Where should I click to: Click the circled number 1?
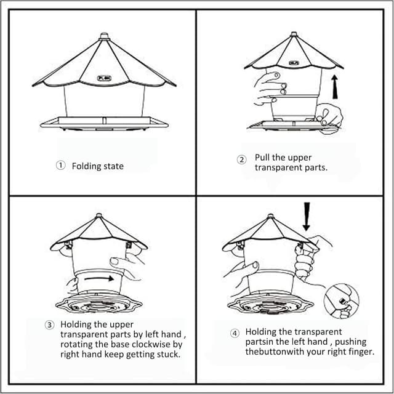click(60, 166)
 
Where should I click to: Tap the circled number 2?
click(242, 159)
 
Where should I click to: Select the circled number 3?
click(49, 325)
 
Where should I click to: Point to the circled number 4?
click(235, 334)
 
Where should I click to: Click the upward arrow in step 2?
click(335, 86)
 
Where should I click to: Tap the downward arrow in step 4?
click(307, 216)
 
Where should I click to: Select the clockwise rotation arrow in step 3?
click(99, 278)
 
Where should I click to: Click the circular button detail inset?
click(342, 301)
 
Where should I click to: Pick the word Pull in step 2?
click(262, 158)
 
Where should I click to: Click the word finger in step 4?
click(361, 352)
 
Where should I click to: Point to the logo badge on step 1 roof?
click(104, 78)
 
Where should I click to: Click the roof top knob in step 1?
click(104, 36)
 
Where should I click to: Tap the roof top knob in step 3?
click(98, 215)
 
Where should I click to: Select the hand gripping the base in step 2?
click(329, 118)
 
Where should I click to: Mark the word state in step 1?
click(115, 166)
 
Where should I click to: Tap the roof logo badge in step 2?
click(294, 63)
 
